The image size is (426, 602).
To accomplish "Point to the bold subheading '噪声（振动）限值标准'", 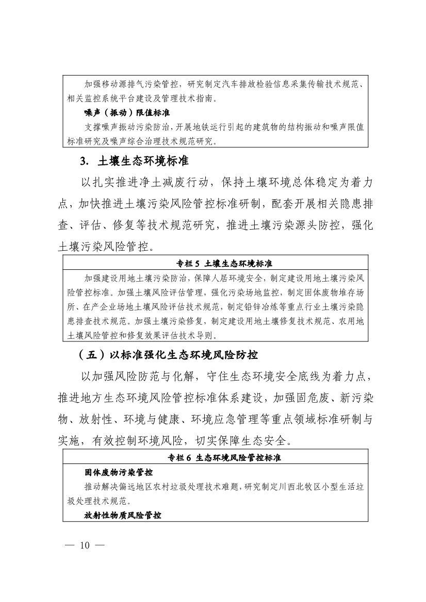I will (127, 112).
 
